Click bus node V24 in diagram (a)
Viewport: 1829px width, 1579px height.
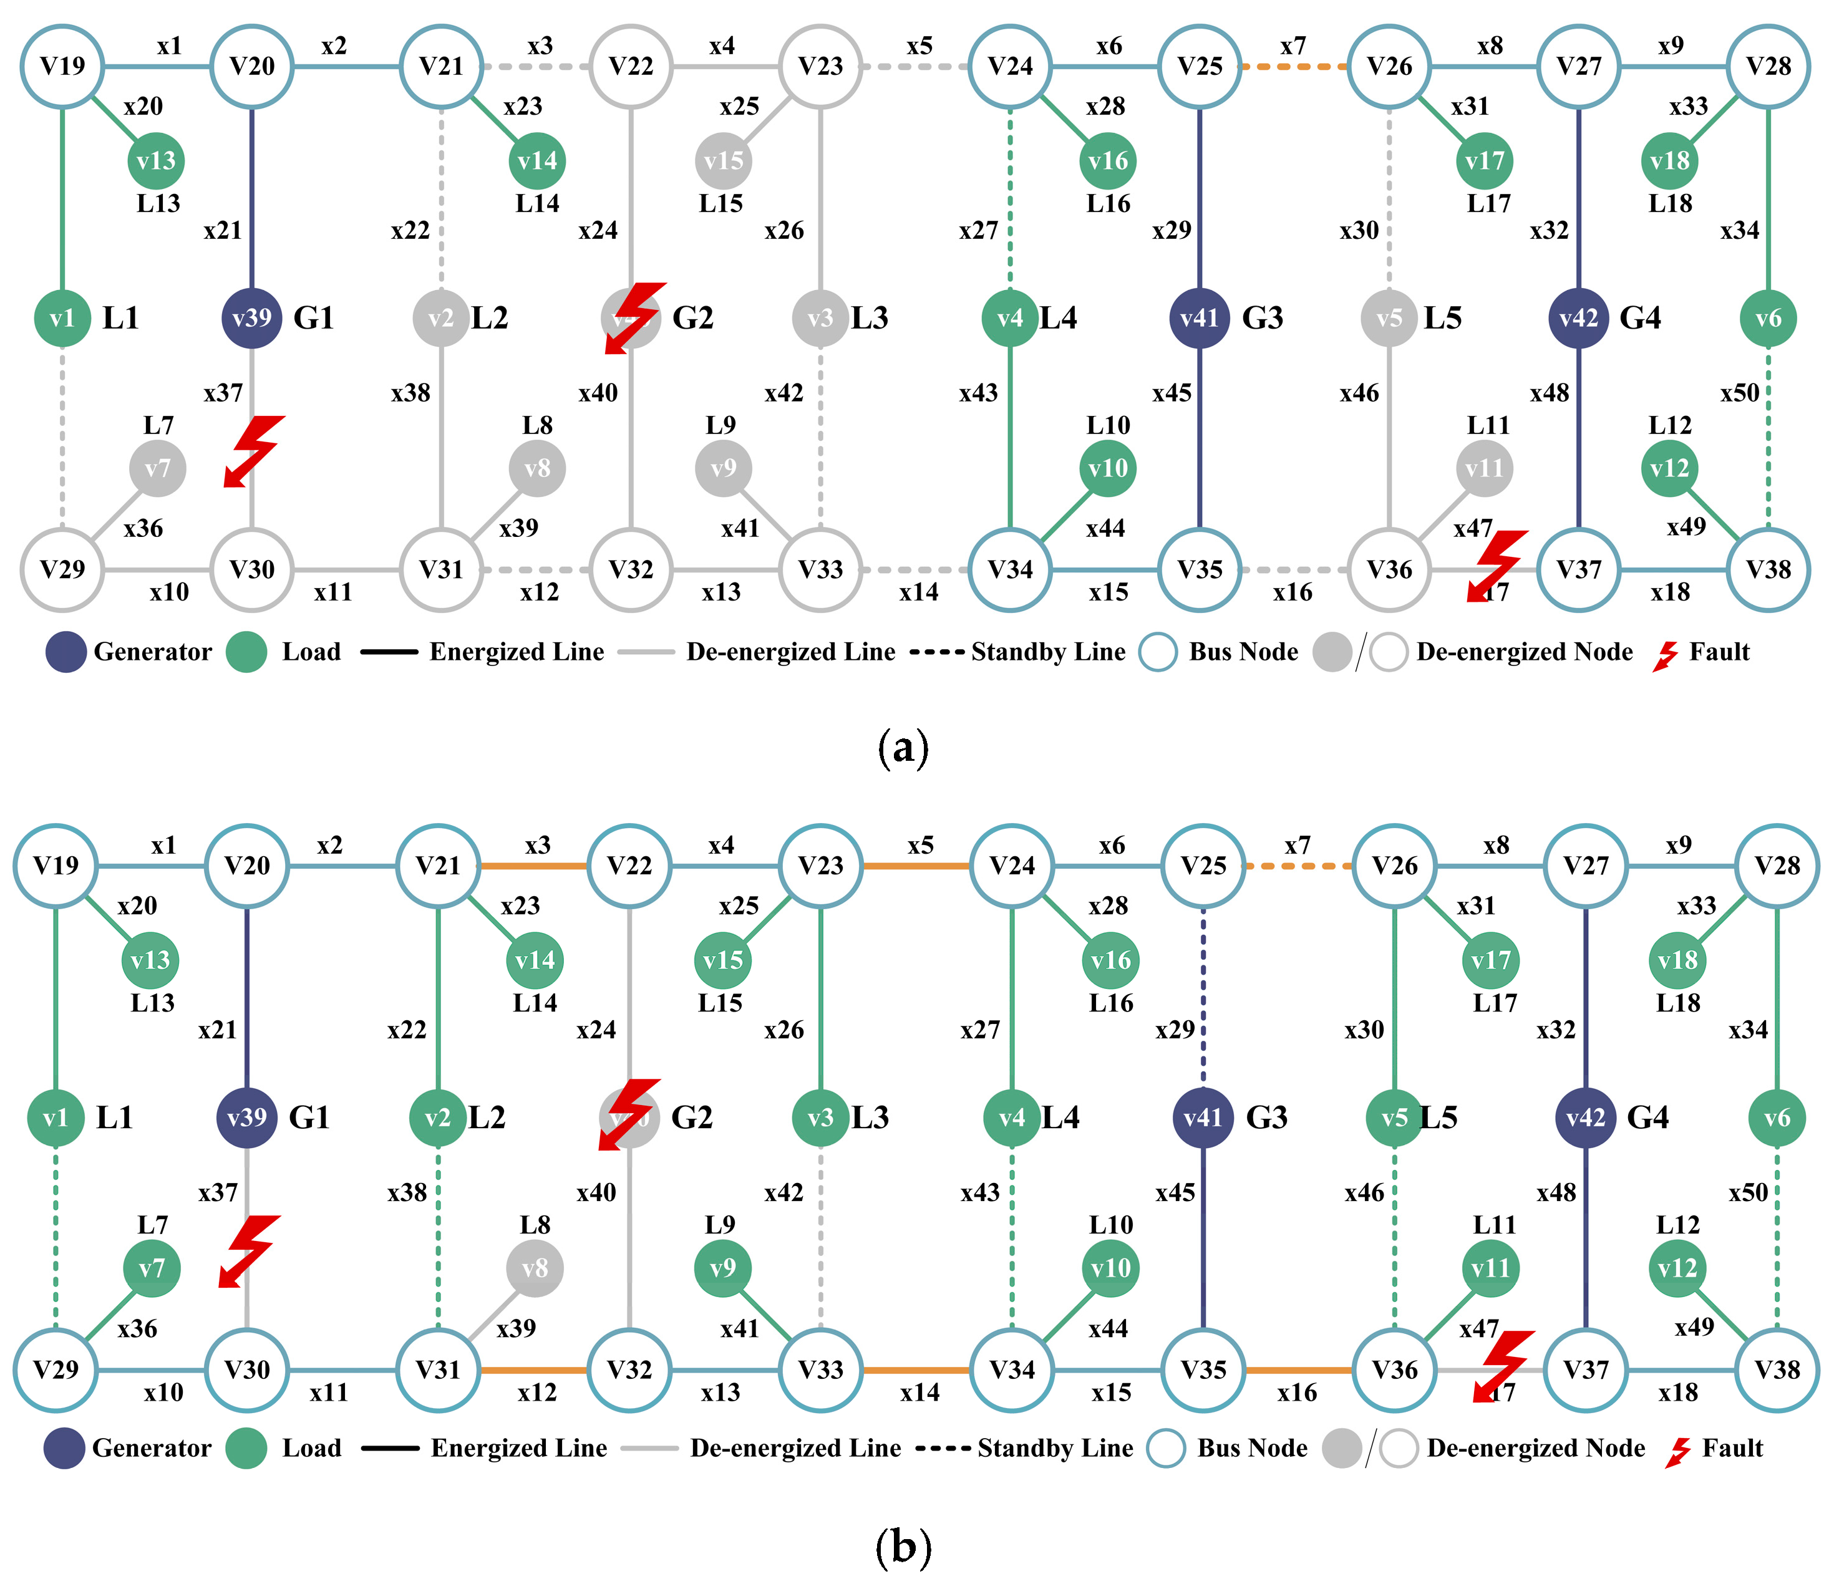(1010, 66)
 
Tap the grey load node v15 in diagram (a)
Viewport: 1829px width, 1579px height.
(723, 161)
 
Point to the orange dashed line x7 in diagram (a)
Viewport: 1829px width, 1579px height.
(1294, 66)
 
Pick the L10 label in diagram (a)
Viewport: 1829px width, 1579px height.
(1108, 425)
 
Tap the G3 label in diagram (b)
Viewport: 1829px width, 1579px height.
(1267, 1118)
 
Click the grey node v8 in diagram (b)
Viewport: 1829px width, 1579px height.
(535, 1268)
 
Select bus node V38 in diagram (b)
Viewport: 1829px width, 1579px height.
(1777, 1370)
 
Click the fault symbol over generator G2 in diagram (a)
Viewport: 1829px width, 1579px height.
(634, 317)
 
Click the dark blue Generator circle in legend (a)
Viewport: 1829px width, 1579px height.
(66, 652)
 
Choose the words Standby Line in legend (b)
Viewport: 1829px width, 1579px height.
(1055, 1449)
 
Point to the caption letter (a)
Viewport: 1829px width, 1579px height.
(903, 748)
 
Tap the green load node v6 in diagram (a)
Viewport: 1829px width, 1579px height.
(1768, 318)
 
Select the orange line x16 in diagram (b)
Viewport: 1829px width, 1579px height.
(1298, 1370)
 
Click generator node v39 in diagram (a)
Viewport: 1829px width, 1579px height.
(251, 318)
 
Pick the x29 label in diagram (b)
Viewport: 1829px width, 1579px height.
(1174, 1030)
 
